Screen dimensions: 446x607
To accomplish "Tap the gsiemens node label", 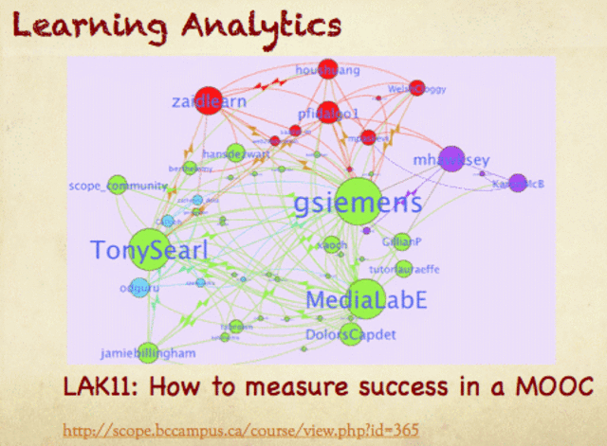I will [358, 204].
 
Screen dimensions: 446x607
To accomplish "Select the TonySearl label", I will [149, 251].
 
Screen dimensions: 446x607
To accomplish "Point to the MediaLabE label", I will [366, 300].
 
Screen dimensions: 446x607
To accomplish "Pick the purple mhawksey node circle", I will [451, 158].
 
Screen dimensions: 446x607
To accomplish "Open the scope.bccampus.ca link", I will [240, 428].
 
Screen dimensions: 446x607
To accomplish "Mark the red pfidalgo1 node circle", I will [327, 113].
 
